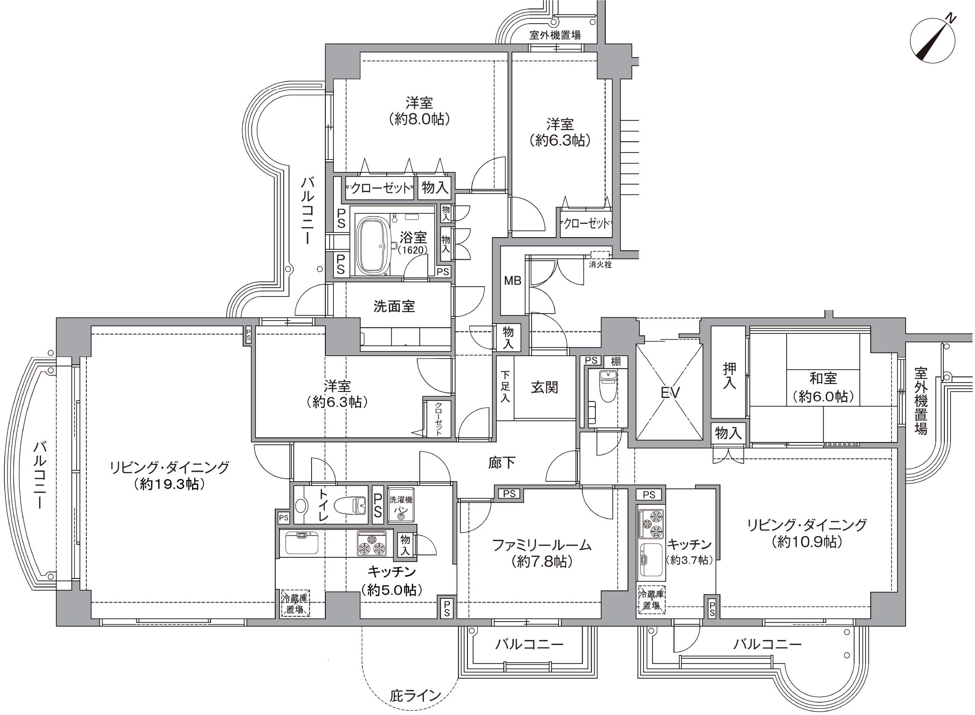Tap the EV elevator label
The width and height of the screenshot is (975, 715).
click(670, 392)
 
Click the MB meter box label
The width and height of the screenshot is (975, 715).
click(512, 281)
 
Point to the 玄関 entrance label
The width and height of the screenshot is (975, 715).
click(544, 387)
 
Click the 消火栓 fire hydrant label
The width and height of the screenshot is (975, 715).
click(600, 264)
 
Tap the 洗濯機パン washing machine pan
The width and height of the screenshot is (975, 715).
click(401, 504)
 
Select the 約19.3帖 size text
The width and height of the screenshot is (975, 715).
click(170, 484)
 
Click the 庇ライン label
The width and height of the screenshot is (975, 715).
click(415, 695)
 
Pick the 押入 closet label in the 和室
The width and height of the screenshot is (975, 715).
click(729, 376)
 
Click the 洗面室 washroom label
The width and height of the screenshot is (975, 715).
click(394, 306)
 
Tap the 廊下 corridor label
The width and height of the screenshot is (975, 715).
click(501, 462)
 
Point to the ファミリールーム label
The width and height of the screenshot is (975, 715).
click(542, 545)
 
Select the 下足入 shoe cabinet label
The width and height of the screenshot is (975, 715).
click(505, 387)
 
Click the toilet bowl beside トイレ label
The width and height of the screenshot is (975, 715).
click(350, 505)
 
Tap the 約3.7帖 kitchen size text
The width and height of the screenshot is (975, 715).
click(689, 560)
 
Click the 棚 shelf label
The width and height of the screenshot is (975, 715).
click(616, 361)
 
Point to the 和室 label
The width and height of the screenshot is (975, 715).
click(823, 378)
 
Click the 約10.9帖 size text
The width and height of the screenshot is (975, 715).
click(807, 542)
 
